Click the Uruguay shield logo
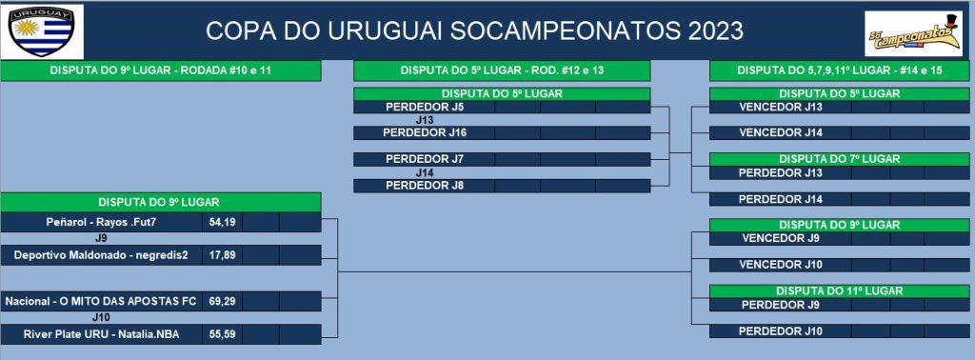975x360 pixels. click(x=42, y=30)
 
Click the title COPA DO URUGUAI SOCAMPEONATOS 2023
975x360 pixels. click(x=474, y=31)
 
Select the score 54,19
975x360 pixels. click(x=222, y=222)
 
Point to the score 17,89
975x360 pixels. click(x=222, y=255)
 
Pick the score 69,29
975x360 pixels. click(x=222, y=302)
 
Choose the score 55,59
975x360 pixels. click(x=222, y=334)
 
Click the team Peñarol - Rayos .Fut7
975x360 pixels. click(x=100, y=222)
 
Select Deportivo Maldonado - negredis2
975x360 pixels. click(x=101, y=255)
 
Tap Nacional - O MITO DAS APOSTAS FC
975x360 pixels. click(x=101, y=302)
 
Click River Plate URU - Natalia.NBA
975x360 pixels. click(x=101, y=334)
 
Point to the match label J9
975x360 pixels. click(x=101, y=238)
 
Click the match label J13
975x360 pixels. click(x=424, y=120)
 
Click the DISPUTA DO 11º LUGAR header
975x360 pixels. click(x=840, y=291)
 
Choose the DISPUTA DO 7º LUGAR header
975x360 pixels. click(x=840, y=159)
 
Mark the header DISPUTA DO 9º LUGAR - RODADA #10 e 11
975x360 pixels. click(x=160, y=70)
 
